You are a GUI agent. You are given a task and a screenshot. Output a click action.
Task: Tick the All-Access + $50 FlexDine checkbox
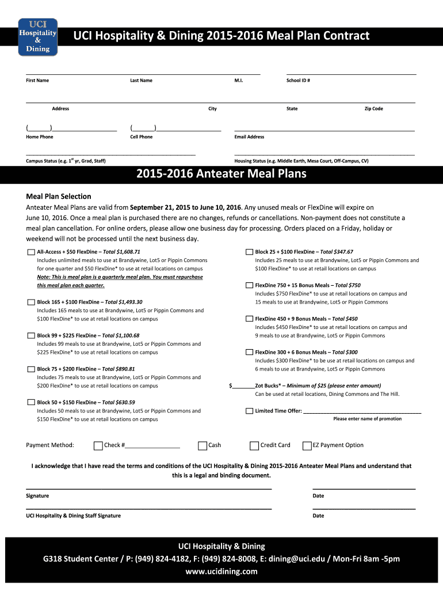(x=30, y=252)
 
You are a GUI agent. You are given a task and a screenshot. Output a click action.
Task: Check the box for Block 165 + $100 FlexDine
(x=30, y=302)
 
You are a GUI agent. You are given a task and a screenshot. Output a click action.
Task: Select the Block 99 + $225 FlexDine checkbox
(x=30, y=336)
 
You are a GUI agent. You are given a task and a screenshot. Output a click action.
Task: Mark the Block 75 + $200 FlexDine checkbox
(x=30, y=369)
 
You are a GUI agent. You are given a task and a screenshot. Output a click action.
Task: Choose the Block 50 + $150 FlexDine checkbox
(x=30, y=403)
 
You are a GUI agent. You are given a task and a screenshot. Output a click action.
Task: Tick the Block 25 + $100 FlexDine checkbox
(x=249, y=252)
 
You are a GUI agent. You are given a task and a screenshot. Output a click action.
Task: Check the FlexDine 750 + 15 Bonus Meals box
(x=249, y=286)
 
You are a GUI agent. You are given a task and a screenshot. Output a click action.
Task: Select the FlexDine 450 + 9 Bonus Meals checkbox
(x=249, y=319)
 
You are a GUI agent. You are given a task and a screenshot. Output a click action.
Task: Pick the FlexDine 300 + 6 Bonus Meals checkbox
(x=249, y=353)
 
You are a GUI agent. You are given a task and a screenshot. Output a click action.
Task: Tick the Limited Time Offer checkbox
(x=249, y=411)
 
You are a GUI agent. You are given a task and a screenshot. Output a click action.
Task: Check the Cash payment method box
(x=203, y=445)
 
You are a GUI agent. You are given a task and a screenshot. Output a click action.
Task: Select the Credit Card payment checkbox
(x=254, y=445)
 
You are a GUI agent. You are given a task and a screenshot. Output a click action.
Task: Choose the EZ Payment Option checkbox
(x=307, y=445)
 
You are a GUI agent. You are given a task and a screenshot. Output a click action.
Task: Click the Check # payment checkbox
(x=98, y=445)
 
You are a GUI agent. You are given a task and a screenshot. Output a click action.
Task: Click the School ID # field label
(x=298, y=81)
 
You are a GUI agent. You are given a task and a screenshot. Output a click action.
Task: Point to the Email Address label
(x=249, y=137)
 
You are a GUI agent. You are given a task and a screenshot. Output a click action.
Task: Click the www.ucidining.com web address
(x=221, y=572)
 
